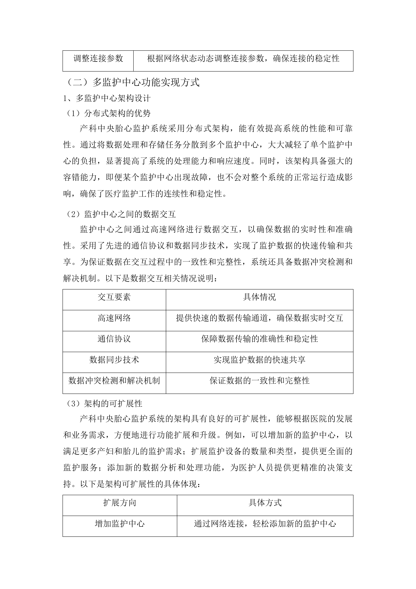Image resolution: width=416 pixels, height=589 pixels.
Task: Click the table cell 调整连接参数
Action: [98, 59]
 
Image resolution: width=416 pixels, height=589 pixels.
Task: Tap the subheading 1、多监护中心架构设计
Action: [107, 98]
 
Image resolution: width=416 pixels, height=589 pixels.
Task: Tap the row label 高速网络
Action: [114, 318]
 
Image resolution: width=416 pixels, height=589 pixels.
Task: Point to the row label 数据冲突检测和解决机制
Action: [114, 381]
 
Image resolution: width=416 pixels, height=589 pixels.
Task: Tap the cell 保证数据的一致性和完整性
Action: [260, 381]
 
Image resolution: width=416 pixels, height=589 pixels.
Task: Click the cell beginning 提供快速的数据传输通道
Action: [260, 318]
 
